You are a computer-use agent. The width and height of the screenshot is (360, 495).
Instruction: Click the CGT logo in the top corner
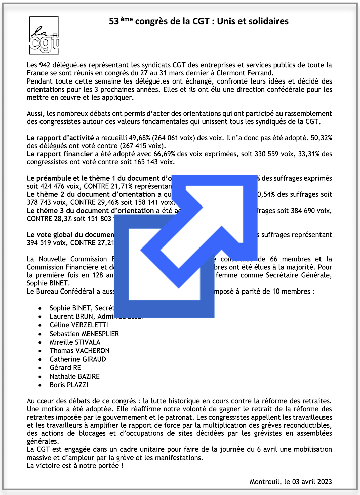(x=44, y=35)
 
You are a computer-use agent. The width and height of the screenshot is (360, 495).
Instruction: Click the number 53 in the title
(x=114, y=21)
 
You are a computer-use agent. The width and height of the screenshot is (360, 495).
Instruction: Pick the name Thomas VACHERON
(x=79, y=351)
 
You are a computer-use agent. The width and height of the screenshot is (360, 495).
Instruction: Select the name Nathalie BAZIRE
(x=74, y=377)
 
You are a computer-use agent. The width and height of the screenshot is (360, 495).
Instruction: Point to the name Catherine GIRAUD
(x=78, y=359)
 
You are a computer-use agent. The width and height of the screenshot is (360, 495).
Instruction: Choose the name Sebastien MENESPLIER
(x=84, y=334)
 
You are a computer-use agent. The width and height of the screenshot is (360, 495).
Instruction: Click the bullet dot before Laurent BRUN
(x=41, y=316)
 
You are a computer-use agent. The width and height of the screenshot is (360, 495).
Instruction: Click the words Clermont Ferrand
(x=233, y=73)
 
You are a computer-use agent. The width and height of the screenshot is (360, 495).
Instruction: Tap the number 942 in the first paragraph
(x=46, y=65)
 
